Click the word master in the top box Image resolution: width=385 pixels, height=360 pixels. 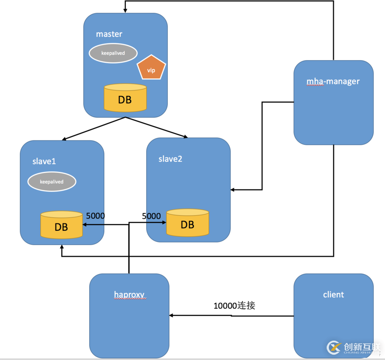(x=109, y=34)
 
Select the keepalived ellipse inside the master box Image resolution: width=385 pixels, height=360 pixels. (x=113, y=53)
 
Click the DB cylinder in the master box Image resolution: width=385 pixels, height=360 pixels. (x=125, y=99)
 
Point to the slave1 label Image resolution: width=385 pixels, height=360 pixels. (x=44, y=161)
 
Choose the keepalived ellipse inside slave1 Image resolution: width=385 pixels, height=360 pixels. (x=52, y=182)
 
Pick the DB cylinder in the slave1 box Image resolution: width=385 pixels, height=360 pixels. (x=61, y=225)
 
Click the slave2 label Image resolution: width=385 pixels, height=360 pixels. (x=170, y=159)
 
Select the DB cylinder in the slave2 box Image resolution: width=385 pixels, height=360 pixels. (x=187, y=223)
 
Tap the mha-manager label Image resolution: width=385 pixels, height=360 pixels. (x=333, y=81)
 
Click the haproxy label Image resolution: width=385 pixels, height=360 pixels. (x=129, y=295)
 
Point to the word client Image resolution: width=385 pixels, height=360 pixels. (x=333, y=295)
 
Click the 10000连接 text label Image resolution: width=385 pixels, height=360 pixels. (x=234, y=306)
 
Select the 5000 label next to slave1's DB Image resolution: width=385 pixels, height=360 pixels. (x=96, y=216)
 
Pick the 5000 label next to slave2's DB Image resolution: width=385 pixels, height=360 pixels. (x=151, y=216)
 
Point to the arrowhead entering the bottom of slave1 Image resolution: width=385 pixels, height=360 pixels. (x=62, y=248)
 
